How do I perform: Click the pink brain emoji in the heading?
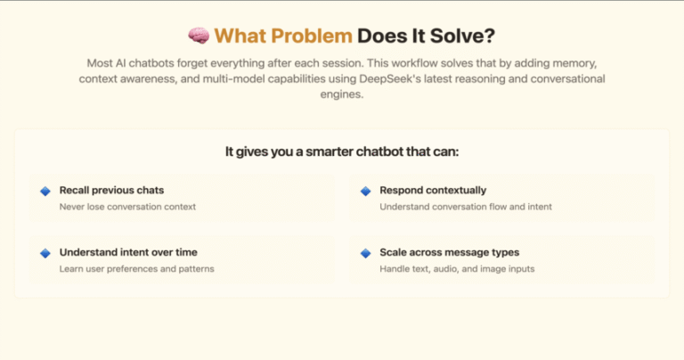[x=199, y=36]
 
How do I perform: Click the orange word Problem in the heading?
[x=312, y=36]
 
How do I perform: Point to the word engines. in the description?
[x=342, y=94]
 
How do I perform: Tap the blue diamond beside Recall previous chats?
[x=45, y=191]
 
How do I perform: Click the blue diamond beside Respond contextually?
[x=365, y=191]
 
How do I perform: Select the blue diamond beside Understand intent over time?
[x=45, y=253]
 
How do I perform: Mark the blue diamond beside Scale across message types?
[x=365, y=253]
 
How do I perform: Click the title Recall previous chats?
[x=111, y=191]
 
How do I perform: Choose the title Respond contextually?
[x=433, y=191]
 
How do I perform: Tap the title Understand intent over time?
[x=128, y=252]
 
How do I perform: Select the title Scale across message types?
[x=449, y=252]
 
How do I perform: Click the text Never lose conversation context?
[x=127, y=207]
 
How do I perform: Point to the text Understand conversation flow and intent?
[x=466, y=207]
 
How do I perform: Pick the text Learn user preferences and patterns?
[x=136, y=269]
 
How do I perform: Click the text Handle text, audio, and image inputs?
[x=457, y=269]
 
